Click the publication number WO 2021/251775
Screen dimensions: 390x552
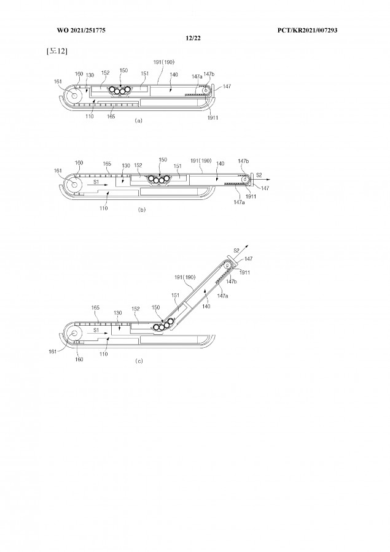(81, 30)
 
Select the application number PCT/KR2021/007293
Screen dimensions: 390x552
(307, 30)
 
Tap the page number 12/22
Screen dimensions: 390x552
(193, 38)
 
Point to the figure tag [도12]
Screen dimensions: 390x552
(57, 51)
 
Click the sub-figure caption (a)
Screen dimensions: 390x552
(138, 120)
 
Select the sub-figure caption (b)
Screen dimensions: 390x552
(141, 210)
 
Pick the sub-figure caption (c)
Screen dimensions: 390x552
(139, 361)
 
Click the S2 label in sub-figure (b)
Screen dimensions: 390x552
(259, 175)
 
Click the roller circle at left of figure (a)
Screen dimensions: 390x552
(74, 95)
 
